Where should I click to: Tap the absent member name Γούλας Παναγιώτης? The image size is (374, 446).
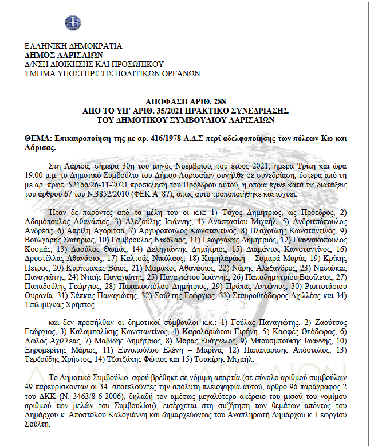(254, 323)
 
